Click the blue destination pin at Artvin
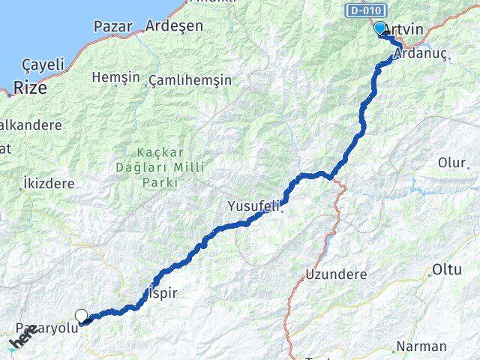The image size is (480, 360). click(x=379, y=28)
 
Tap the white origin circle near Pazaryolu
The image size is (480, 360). click(x=81, y=316)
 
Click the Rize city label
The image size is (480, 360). click(x=28, y=88)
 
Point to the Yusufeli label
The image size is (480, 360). click(x=255, y=205)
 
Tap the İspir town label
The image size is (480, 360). click(x=163, y=293)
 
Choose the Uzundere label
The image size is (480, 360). click(x=335, y=274)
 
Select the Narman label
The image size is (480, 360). click(x=421, y=346)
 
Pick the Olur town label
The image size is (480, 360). click(x=452, y=163)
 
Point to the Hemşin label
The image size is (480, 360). click(x=115, y=77)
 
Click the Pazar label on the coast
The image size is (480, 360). click(x=113, y=26)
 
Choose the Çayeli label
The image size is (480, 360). click(x=43, y=64)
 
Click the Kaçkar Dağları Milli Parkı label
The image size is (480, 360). click(x=147, y=166)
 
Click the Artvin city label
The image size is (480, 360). click(x=406, y=29)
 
